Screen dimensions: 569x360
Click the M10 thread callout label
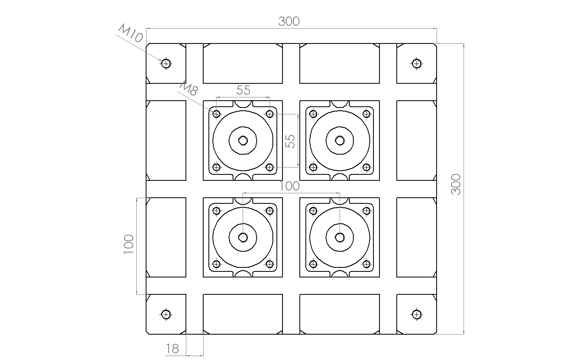(x=131, y=33)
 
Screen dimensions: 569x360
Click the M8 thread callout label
(x=189, y=88)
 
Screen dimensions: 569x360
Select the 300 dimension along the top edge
(x=289, y=21)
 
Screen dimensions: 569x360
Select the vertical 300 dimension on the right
(x=456, y=184)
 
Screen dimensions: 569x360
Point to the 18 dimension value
(x=173, y=349)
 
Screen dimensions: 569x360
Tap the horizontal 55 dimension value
(x=243, y=90)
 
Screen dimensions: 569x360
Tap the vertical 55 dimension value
(x=291, y=141)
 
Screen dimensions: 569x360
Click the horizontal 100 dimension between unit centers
(x=289, y=186)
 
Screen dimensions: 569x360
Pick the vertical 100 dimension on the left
(x=129, y=244)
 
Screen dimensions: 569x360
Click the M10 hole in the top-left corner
(x=166, y=64)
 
